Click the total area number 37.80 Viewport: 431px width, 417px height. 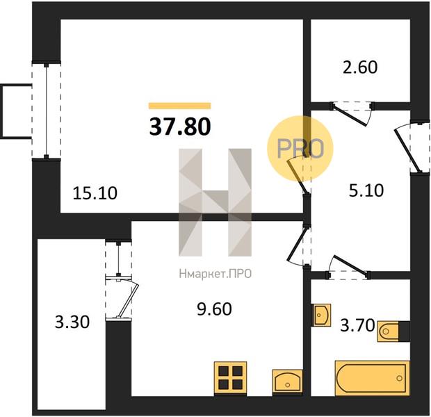pyautogui.click(x=180, y=126)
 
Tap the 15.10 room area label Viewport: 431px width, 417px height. pyautogui.click(x=95, y=193)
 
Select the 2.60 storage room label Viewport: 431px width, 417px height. pyautogui.click(x=360, y=67)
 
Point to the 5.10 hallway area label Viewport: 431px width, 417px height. pyautogui.click(x=366, y=190)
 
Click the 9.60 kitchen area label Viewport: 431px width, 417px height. pyautogui.click(x=214, y=309)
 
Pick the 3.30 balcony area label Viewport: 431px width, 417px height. pyautogui.click(x=72, y=322)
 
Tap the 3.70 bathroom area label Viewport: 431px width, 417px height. pyautogui.click(x=357, y=325)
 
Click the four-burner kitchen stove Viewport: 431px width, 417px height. pyautogui.click(x=230, y=379)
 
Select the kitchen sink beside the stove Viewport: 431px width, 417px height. pyautogui.click(x=288, y=381)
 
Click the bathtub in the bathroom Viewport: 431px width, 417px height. pyautogui.click(x=372, y=378)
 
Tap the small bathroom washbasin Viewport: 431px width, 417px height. pyautogui.click(x=321, y=315)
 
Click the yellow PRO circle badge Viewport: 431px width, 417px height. pyautogui.click(x=300, y=149)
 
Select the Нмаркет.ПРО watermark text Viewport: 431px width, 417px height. pyautogui.click(x=215, y=274)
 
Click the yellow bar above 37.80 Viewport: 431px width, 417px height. pyautogui.click(x=180, y=106)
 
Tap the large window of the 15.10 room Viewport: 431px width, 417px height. pyautogui.click(x=46, y=111)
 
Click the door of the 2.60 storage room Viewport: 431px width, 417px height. pyautogui.click(x=352, y=113)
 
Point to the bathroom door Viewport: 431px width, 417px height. pyautogui.click(x=348, y=267)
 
